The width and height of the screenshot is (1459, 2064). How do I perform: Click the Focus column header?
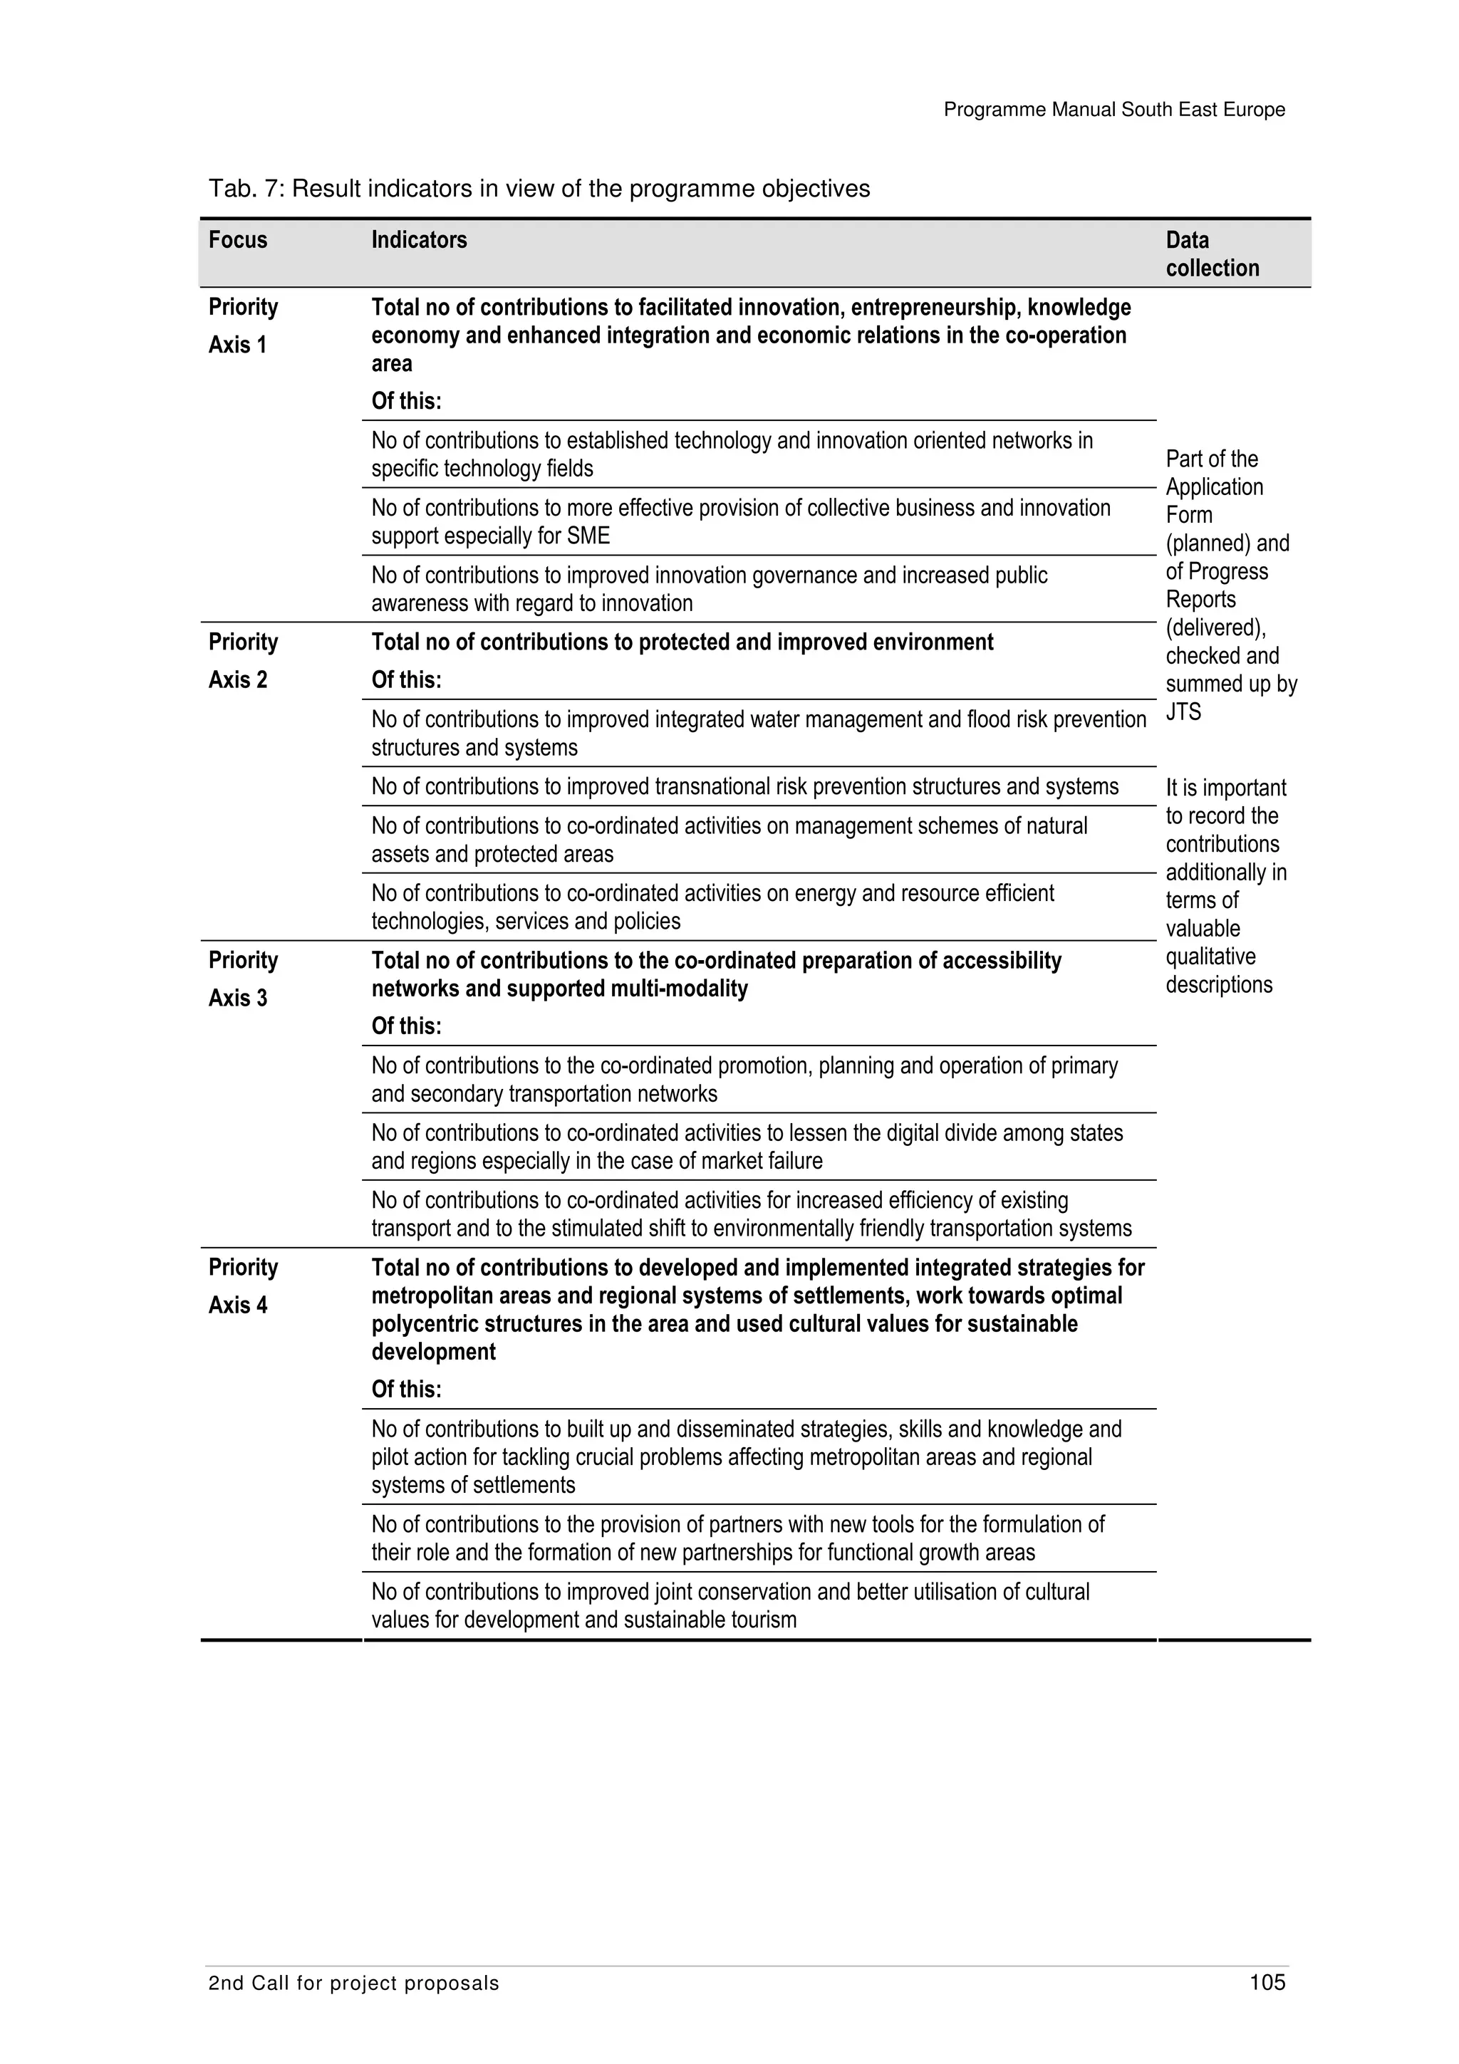pos(237,240)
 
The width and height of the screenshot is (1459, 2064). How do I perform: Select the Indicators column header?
pos(419,240)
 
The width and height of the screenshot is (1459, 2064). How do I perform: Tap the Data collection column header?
pos(1212,254)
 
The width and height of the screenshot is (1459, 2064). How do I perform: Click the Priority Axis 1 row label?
pos(243,325)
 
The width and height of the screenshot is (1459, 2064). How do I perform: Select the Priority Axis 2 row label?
pos(243,661)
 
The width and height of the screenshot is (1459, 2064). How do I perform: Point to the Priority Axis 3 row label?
pos(243,979)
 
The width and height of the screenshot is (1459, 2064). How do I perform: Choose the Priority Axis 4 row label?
pos(243,1286)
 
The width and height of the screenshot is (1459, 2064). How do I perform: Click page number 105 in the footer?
pos(1267,2007)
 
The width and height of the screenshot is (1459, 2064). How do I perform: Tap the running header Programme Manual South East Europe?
pos(1113,110)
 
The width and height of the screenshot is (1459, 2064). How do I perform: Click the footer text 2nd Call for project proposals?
pos(353,2008)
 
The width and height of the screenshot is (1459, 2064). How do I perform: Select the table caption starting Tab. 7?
pos(539,189)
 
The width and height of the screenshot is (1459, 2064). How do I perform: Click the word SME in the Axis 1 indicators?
pos(588,537)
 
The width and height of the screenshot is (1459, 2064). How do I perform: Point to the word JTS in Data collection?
pos(1183,712)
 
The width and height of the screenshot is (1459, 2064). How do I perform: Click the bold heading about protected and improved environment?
pos(682,642)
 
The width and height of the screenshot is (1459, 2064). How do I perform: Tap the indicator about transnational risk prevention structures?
pos(744,786)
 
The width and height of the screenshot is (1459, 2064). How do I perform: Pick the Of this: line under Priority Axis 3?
pos(406,1026)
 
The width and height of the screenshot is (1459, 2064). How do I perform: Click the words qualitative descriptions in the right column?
pos(1218,971)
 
